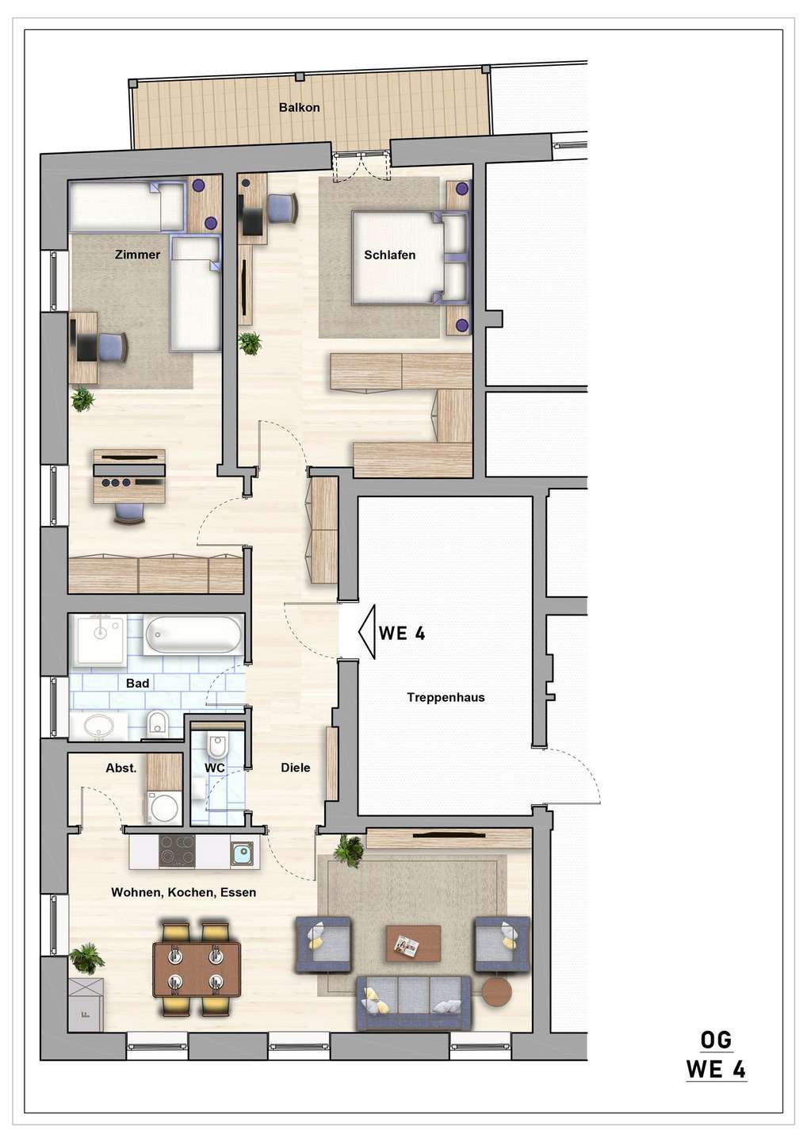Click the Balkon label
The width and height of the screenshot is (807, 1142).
tap(299, 107)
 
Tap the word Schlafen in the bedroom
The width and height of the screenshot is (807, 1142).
tap(389, 255)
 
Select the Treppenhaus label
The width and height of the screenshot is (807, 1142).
tap(446, 697)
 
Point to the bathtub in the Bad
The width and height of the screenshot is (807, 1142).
tap(193, 634)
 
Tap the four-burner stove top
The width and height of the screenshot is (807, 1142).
tap(177, 852)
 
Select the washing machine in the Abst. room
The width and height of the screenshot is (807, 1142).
tap(164, 808)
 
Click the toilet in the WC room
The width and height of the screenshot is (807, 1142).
tap(216, 746)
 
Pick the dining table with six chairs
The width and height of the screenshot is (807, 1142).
tap(197, 969)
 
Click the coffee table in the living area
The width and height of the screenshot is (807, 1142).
tap(413, 943)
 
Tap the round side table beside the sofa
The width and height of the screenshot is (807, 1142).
tap(497, 991)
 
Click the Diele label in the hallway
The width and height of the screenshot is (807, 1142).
tap(295, 767)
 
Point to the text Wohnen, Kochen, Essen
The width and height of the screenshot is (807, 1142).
tap(183, 892)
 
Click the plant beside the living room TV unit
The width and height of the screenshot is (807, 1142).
tap(348, 849)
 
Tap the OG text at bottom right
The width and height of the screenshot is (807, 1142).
tap(716, 1040)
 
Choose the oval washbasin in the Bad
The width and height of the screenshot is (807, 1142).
tap(99, 724)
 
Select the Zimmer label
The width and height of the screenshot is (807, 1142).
tap(137, 255)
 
